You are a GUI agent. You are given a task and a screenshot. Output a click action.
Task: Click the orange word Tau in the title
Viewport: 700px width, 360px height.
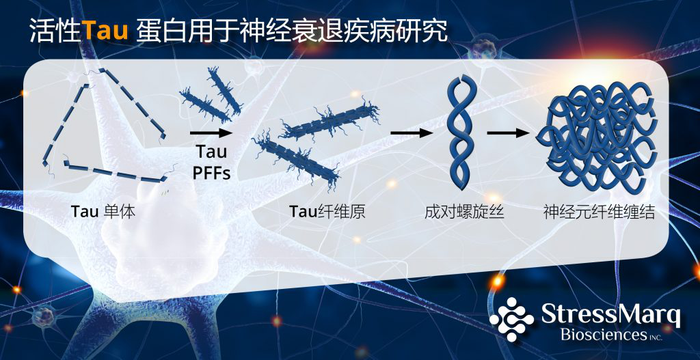click(105, 31)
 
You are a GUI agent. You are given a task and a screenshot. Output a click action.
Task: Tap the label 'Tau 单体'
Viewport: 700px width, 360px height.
click(103, 212)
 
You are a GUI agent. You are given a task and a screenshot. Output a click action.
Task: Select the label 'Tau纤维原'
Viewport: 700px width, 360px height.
click(327, 212)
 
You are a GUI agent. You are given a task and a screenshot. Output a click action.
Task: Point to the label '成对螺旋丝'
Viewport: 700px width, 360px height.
click(464, 212)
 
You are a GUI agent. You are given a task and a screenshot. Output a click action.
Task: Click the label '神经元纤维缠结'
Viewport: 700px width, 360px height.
click(599, 212)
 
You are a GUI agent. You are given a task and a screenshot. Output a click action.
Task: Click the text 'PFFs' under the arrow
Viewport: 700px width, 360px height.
click(212, 173)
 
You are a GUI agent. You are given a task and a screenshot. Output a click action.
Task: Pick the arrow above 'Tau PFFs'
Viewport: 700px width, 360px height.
click(211, 133)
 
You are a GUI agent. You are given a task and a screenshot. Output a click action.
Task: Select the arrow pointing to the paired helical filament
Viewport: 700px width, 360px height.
click(412, 133)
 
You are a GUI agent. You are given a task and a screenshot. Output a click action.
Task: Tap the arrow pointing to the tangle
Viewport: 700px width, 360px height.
click(509, 133)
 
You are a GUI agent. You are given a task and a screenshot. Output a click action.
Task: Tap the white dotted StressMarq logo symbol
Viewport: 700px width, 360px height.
click(511, 320)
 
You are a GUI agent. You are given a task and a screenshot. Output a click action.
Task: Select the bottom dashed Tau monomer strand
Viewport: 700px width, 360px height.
click(115, 172)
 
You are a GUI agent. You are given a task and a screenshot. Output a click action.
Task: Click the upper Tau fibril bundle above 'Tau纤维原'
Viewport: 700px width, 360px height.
click(330, 120)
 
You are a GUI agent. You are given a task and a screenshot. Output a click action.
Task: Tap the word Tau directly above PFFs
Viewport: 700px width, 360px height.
click(211, 152)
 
